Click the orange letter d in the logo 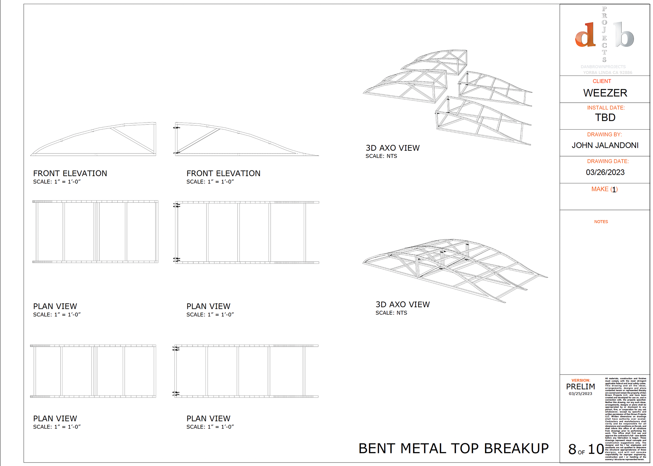point(585,35)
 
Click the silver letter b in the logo point(624,35)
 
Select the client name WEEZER point(605,93)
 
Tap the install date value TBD point(605,118)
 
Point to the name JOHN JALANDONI point(605,145)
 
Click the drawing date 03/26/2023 point(605,172)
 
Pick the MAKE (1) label point(604,189)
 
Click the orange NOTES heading point(601,222)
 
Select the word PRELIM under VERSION point(581,387)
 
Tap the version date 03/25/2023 point(581,394)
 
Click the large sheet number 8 point(572,449)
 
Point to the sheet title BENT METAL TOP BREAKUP point(453,449)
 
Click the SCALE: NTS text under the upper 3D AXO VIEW point(381,156)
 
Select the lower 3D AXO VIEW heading point(402,304)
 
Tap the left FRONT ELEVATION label point(70,173)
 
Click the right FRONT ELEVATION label point(223,173)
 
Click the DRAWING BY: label point(604,135)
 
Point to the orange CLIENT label point(602,81)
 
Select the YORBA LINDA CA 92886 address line point(607,72)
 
